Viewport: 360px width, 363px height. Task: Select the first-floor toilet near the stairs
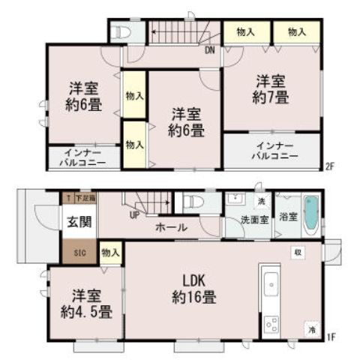tap(188, 202)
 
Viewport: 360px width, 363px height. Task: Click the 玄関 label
tap(76, 221)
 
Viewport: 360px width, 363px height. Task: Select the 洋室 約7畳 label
tap(271, 88)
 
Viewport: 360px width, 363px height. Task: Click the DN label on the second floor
tap(211, 51)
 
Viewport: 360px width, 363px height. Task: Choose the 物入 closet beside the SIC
tap(109, 252)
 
